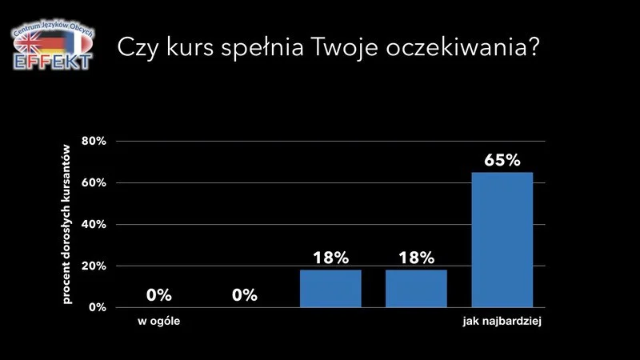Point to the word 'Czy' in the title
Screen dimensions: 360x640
click(x=138, y=47)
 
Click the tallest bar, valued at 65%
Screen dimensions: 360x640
click(x=502, y=240)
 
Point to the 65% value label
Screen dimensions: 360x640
click(x=502, y=159)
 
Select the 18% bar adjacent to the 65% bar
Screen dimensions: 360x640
click(x=416, y=289)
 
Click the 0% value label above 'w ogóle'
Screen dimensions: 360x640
click(x=158, y=295)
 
